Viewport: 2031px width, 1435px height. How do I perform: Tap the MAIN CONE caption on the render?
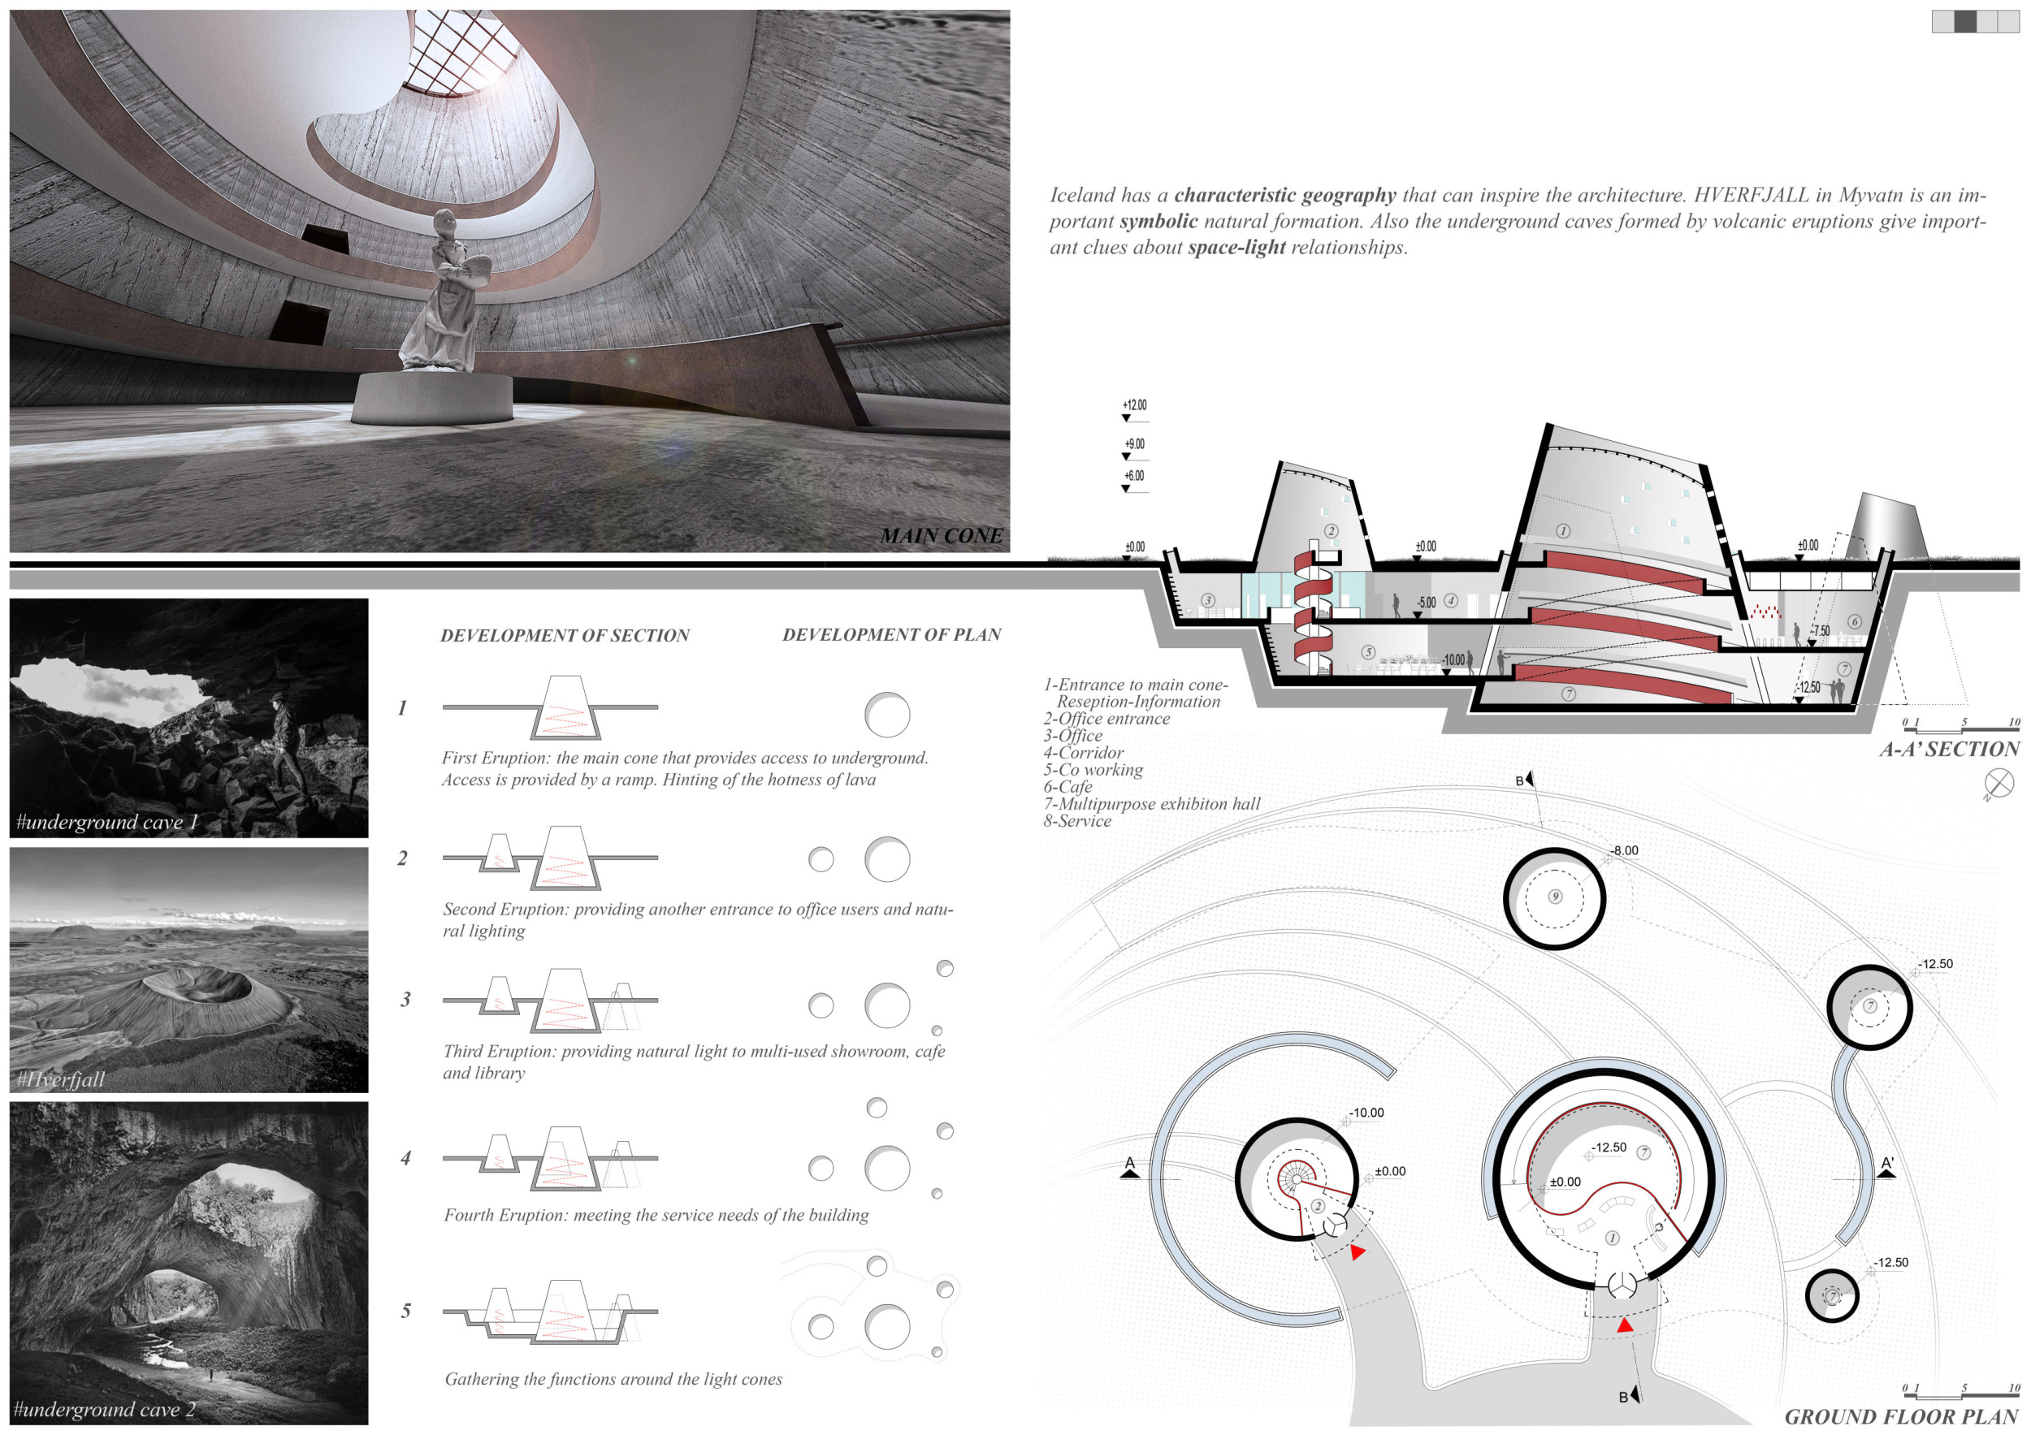(x=942, y=536)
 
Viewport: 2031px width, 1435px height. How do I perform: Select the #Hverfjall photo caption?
(x=60, y=1078)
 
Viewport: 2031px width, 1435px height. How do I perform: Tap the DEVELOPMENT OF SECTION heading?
(x=565, y=635)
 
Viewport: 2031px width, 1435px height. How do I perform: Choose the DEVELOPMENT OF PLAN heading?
(x=892, y=634)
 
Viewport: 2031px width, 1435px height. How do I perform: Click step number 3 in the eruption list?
(x=405, y=999)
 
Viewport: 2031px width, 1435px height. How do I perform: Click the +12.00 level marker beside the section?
(x=1135, y=405)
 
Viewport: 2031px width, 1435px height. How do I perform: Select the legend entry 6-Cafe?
(x=1067, y=786)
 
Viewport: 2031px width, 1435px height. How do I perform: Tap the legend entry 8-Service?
(x=1077, y=820)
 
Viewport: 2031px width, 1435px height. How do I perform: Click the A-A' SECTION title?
(x=1949, y=749)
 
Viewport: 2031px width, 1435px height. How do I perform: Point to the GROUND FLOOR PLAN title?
(x=1902, y=1416)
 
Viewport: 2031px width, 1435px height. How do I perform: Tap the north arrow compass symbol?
(x=1999, y=783)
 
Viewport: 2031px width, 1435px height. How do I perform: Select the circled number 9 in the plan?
(x=1555, y=897)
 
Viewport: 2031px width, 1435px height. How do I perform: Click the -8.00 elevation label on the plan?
(x=1624, y=850)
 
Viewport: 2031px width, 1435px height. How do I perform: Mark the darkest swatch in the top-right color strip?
(x=1964, y=22)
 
